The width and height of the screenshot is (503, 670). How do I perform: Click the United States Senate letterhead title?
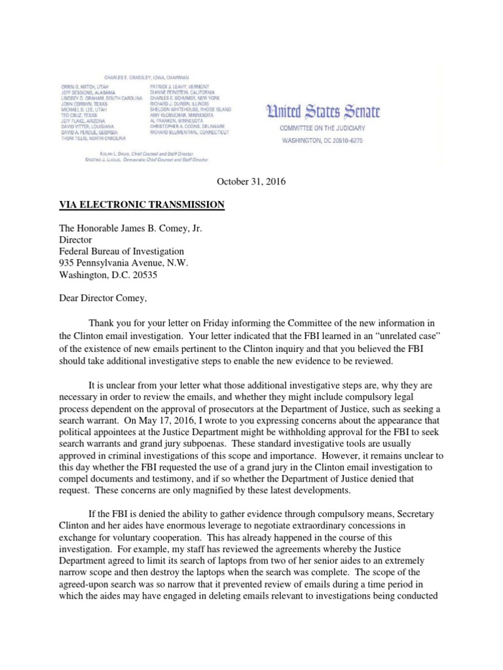click(x=322, y=112)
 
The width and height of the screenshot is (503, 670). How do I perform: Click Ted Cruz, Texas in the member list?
click(x=81, y=113)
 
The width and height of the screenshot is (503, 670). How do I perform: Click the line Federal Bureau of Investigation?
click(x=122, y=251)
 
